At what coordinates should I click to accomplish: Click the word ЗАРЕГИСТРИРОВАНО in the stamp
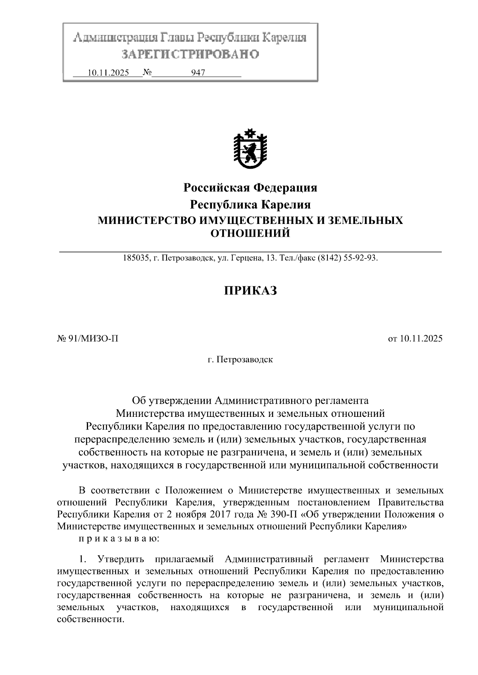click(x=190, y=54)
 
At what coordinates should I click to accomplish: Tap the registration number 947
click(x=198, y=73)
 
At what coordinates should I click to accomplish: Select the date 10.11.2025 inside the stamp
click(x=108, y=73)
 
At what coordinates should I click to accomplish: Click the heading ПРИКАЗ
click(x=250, y=291)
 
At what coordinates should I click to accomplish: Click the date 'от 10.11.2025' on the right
click(x=415, y=339)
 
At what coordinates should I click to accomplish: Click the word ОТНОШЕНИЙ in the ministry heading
click(x=250, y=233)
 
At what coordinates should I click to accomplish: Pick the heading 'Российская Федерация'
click(x=250, y=188)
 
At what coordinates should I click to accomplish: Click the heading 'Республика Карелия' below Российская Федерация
click(x=250, y=205)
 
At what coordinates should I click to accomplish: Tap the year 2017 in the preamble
click(x=218, y=514)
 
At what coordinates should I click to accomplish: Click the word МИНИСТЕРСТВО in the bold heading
click(x=146, y=220)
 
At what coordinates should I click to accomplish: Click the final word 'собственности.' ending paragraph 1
click(x=91, y=620)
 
